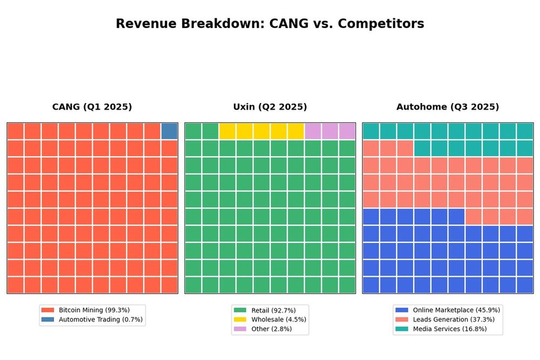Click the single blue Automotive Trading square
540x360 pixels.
[170, 131]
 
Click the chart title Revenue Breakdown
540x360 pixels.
[270, 24]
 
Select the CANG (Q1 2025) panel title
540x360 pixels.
[92, 107]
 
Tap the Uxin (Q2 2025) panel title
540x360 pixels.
[270, 107]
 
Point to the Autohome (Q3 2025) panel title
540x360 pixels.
[448, 107]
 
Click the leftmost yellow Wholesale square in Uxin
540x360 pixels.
[227, 131]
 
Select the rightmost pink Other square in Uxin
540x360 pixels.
[347, 131]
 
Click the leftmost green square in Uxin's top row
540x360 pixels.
[193, 131]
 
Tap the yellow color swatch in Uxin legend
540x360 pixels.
[240, 320]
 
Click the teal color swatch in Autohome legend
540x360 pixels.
[401, 329]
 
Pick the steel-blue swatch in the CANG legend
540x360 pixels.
[48, 320]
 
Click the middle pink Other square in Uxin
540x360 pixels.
[330, 131]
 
